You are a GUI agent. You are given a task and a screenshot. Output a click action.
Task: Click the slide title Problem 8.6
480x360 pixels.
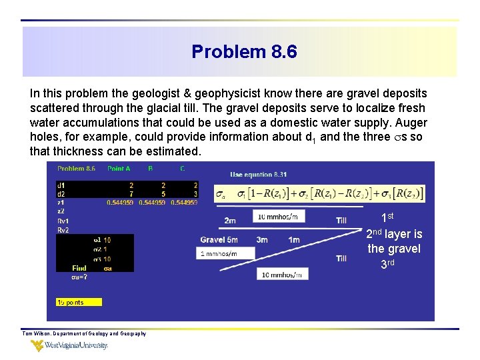coord(244,51)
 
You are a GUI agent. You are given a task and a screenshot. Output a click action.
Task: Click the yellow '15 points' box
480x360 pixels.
coord(78,302)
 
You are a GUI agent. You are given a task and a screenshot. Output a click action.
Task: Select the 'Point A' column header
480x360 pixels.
coord(119,169)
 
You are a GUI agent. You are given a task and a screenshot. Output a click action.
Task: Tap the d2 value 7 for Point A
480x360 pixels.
coord(131,193)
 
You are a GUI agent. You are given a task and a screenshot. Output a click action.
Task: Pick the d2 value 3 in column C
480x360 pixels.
coord(195,193)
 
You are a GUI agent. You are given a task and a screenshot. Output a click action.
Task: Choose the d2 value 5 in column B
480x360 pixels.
coord(163,193)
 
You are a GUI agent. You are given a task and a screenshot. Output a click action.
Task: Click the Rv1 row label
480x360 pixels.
coord(63,221)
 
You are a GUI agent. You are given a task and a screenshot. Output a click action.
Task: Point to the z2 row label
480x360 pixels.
coord(61,211)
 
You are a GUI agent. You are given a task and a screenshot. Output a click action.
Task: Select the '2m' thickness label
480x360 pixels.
coord(229,220)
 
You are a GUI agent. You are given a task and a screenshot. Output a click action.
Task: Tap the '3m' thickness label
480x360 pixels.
coord(262,240)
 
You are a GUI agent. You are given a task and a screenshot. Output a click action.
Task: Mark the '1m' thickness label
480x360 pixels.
coord(294,240)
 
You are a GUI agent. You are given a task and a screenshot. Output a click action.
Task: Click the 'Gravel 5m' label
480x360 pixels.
coord(219,240)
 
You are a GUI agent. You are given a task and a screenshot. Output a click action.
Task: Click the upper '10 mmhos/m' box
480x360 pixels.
coord(281,216)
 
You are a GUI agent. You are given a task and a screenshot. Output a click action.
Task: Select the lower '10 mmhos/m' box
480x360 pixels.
coord(281,274)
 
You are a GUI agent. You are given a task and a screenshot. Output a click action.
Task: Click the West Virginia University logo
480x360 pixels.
coord(69,345)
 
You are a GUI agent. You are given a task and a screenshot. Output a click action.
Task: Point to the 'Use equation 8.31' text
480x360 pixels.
coord(258,175)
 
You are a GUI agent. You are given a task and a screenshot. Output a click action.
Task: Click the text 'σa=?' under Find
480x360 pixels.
coord(79,277)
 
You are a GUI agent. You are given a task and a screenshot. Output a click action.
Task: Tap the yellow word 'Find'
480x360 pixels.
coord(79,268)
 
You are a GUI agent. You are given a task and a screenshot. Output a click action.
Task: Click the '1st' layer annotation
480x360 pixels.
coord(387,217)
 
